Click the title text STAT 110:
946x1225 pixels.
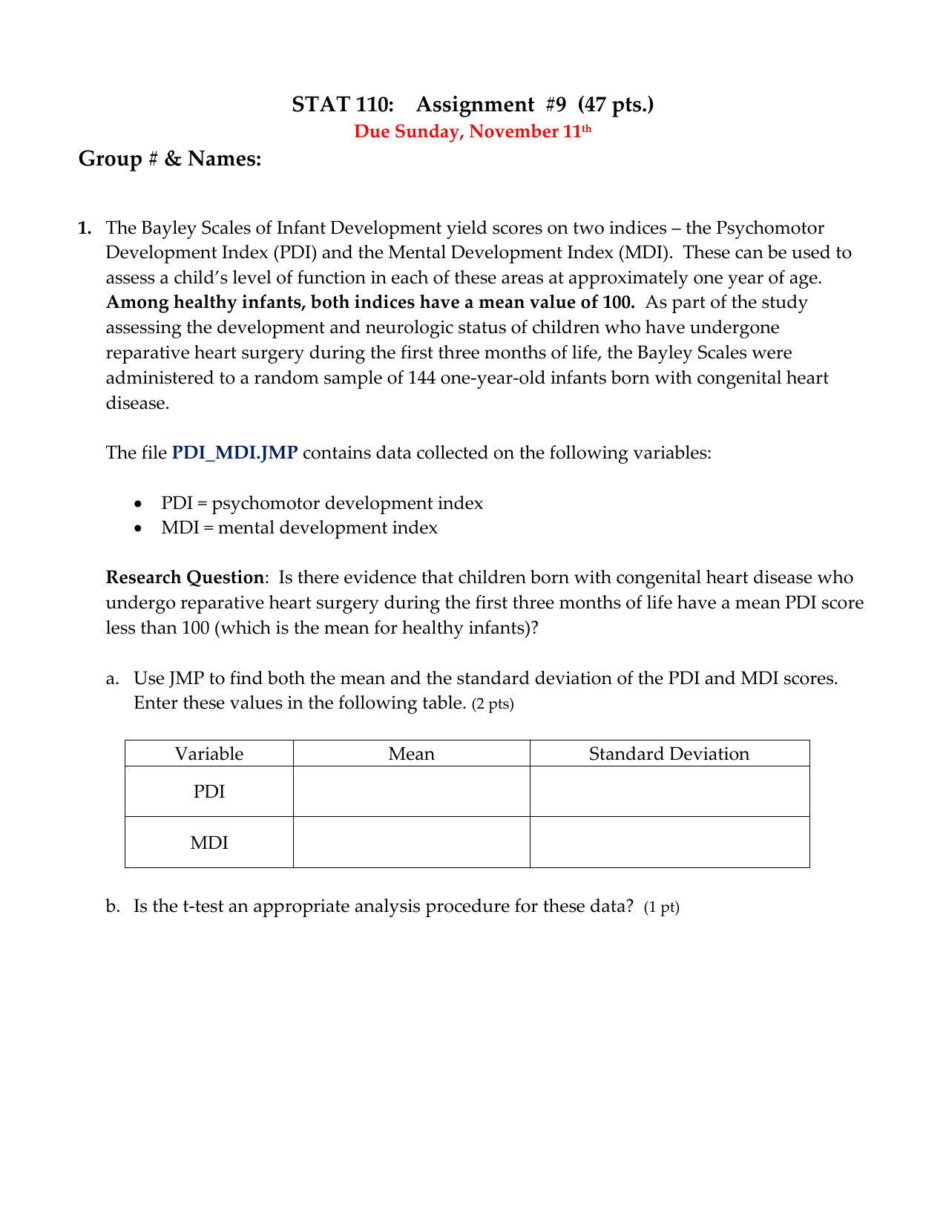click(342, 105)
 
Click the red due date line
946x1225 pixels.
click(472, 132)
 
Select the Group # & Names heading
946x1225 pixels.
click(170, 159)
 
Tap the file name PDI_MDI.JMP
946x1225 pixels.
click(234, 453)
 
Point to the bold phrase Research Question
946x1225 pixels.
click(184, 577)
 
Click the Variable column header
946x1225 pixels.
click(208, 754)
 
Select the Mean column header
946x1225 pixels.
click(411, 754)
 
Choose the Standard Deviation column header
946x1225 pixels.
click(669, 754)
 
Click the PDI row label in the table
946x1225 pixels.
click(208, 792)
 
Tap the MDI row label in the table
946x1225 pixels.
click(208, 843)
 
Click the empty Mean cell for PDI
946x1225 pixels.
click(411, 792)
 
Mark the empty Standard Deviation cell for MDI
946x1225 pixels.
click(669, 843)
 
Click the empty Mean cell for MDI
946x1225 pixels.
click(411, 843)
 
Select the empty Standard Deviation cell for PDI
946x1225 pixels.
click(669, 792)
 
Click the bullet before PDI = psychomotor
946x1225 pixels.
click(138, 504)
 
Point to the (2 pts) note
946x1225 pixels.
click(493, 704)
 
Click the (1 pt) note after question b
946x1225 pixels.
click(661, 907)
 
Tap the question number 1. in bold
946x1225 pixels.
click(85, 228)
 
